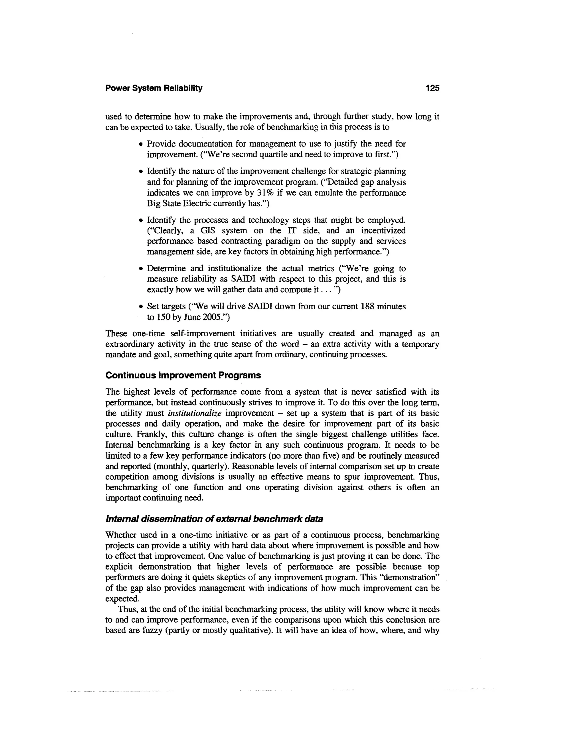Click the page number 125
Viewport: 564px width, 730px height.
click(x=432, y=88)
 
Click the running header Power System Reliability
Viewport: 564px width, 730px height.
click(x=154, y=88)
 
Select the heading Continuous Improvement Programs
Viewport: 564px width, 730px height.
click(x=183, y=375)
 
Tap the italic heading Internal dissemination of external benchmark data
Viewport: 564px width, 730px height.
click(x=214, y=519)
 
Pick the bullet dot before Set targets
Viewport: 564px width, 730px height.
click(x=141, y=307)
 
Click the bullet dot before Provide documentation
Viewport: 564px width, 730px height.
click(x=141, y=144)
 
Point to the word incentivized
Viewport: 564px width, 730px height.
click(x=383, y=231)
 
